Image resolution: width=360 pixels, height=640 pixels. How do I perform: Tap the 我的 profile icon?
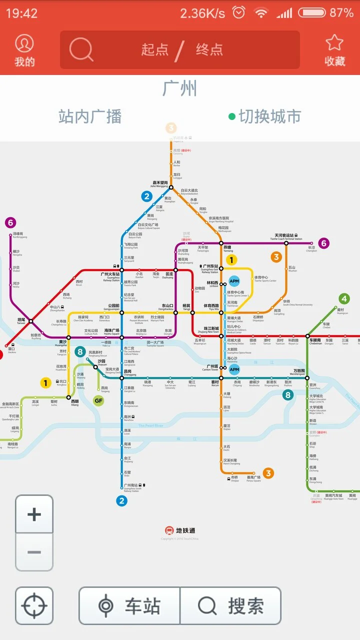pyautogui.click(x=24, y=50)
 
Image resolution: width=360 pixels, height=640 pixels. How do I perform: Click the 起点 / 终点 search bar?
pyautogui.click(x=180, y=50)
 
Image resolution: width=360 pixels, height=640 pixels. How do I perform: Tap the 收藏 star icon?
pyautogui.click(x=334, y=50)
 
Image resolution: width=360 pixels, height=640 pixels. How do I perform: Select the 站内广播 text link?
pyautogui.click(x=90, y=116)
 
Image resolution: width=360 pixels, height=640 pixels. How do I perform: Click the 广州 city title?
pyautogui.click(x=180, y=88)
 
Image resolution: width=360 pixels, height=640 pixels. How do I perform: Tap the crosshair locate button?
pyautogui.click(x=34, y=605)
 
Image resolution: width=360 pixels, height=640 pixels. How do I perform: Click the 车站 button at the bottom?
pyautogui.click(x=129, y=605)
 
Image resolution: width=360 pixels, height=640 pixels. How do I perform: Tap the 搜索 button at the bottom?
pyautogui.click(x=230, y=605)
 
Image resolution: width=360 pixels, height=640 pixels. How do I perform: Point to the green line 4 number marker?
pyautogui.click(x=343, y=299)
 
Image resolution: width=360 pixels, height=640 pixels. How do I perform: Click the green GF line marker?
pyautogui.click(x=99, y=400)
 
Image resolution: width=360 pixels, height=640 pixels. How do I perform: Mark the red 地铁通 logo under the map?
pyautogui.click(x=180, y=530)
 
